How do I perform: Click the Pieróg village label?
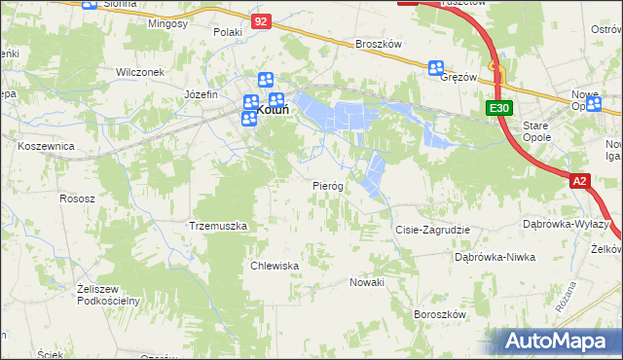click(x=328, y=185)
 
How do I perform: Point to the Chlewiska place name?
click(x=274, y=265)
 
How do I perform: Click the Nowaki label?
click(x=367, y=281)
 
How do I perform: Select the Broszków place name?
click(x=379, y=44)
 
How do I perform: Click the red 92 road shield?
click(x=259, y=19)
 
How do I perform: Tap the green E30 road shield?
click(x=499, y=109)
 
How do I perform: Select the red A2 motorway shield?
click(x=580, y=180)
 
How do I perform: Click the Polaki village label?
click(x=227, y=32)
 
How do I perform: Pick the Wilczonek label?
click(x=138, y=72)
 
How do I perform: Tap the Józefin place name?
click(x=200, y=94)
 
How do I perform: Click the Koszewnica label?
click(x=47, y=145)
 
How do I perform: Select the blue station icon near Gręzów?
click(x=436, y=68)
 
